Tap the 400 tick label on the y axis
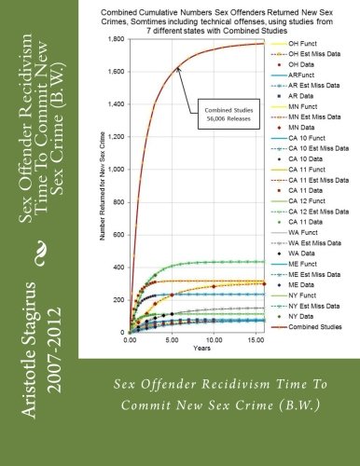(x=119, y=267)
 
